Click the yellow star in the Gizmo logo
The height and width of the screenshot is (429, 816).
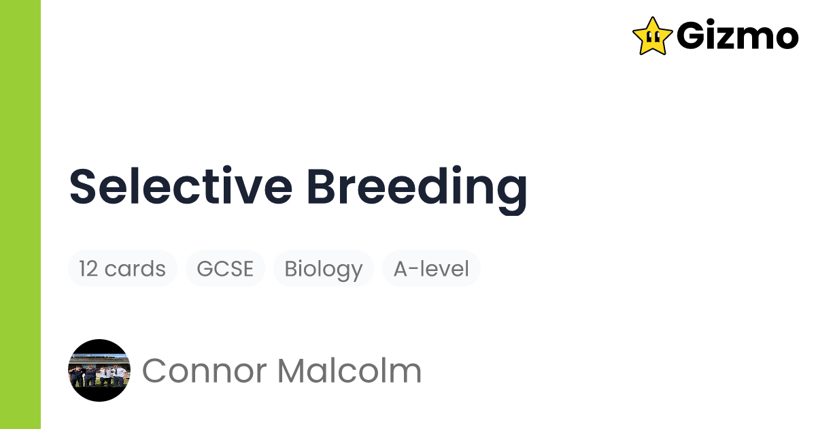coord(652,36)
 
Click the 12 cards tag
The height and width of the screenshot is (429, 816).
coord(122,268)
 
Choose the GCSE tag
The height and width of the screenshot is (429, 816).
coord(225,268)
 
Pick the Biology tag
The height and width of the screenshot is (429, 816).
coord(323,268)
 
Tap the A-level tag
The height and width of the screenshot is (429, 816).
coord(431,268)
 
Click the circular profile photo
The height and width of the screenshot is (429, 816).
coord(99,370)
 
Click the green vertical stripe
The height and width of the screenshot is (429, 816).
coord(20,214)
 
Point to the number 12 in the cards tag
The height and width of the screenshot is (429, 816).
coord(88,268)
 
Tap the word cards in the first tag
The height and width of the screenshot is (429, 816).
coord(135,268)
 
